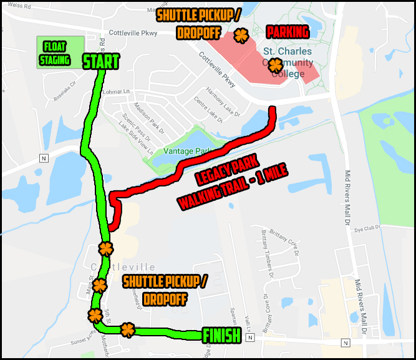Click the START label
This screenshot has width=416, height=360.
pyautogui.click(x=100, y=61)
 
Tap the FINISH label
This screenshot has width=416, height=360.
pyautogui.click(x=221, y=336)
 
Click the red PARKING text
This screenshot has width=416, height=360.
pyautogui.click(x=288, y=31)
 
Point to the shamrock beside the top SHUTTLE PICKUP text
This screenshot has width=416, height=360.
pyautogui.click(x=241, y=35)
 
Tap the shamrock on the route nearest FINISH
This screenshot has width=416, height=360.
pyautogui.click(x=127, y=329)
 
